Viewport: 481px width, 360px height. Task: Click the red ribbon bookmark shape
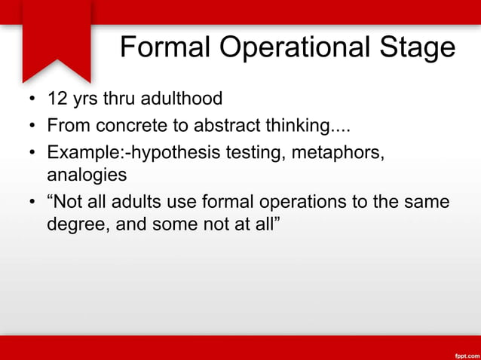[x=57, y=38]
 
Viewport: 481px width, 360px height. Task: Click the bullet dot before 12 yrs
[x=31, y=99]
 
